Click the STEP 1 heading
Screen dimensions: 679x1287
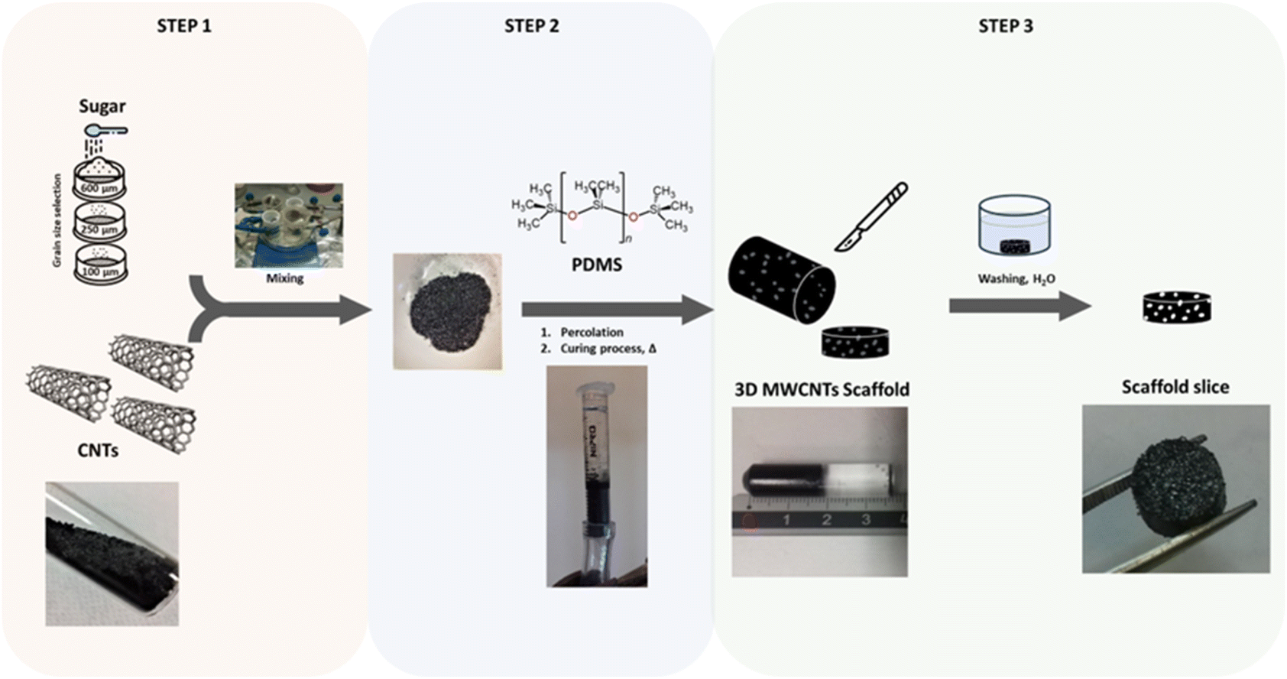(183, 26)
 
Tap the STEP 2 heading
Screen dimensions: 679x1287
(531, 26)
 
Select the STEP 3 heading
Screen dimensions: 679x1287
(1005, 26)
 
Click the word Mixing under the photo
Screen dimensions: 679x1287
(284, 278)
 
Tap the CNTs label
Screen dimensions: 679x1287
(98, 450)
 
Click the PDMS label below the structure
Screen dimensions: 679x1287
(597, 265)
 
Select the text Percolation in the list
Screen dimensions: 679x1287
(592, 332)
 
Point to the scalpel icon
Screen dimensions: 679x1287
(871, 217)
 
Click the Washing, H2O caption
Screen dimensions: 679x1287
(1016, 279)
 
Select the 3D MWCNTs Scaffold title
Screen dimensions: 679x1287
(822, 389)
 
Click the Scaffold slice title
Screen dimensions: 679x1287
(1175, 387)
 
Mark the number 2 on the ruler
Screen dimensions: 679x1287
(825, 520)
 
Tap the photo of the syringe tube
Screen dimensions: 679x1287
(596, 476)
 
